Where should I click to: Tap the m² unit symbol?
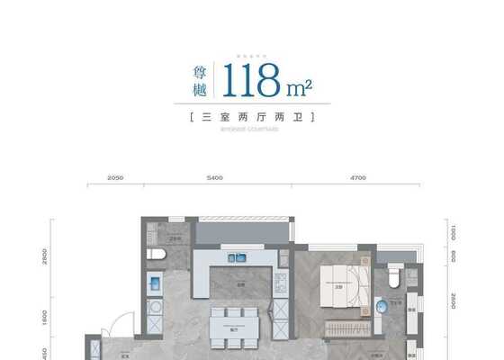point(299,87)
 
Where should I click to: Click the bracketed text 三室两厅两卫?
point(251,118)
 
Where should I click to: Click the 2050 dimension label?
point(114,178)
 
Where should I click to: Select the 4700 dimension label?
point(357,178)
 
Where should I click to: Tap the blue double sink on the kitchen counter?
point(238,257)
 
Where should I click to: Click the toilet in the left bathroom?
point(157,255)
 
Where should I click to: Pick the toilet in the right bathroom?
point(393,278)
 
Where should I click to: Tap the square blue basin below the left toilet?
point(154,285)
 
